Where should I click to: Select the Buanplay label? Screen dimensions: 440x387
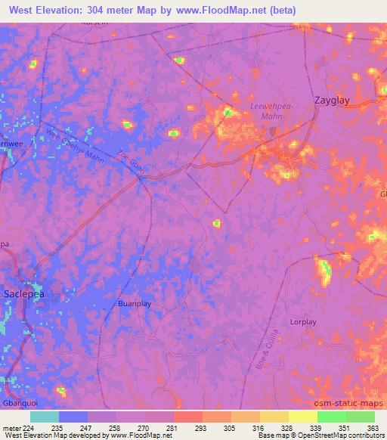pyautogui.click(x=135, y=304)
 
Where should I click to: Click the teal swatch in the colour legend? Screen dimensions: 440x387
pyautogui.click(x=44, y=417)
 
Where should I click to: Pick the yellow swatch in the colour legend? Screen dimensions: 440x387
pyautogui.click(x=302, y=417)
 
